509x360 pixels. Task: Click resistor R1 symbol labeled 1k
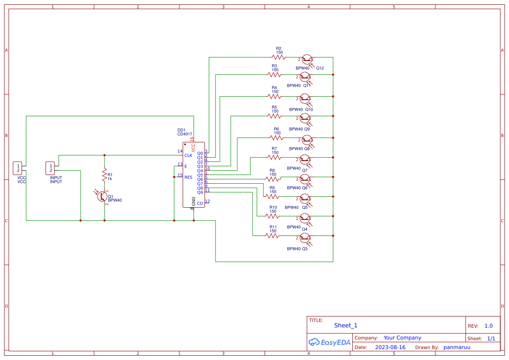[x=104, y=175]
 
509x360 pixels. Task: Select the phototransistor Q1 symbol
[x=103, y=196]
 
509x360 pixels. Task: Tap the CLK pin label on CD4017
[x=188, y=155]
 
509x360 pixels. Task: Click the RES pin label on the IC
[x=188, y=177]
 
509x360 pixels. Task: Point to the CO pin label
[x=200, y=203]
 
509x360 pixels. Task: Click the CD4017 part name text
[x=185, y=135]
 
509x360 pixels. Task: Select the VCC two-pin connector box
[x=18, y=168]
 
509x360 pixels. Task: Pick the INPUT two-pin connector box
[x=51, y=168]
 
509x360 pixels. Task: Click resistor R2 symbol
[x=278, y=57]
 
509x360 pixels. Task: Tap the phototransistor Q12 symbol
[x=307, y=60]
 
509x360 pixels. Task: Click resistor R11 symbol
[x=272, y=236]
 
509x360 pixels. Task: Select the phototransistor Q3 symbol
[x=305, y=238]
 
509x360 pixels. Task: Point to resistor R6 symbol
[x=276, y=138]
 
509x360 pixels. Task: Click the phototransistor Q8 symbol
[x=307, y=140]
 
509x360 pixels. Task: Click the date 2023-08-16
[x=390, y=347]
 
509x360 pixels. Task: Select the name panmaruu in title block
[x=457, y=347]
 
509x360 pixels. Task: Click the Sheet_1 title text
[x=346, y=325]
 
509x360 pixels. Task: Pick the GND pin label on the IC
[x=194, y=201]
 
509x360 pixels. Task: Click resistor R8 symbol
[x=272, y=179]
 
